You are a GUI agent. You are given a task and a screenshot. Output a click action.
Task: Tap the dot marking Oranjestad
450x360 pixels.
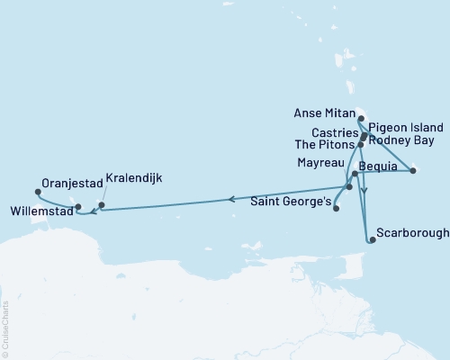point(38,191)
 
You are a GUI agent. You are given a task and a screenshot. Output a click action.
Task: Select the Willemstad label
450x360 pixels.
point(40,213)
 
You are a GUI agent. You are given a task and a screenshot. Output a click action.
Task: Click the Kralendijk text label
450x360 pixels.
point(133,178)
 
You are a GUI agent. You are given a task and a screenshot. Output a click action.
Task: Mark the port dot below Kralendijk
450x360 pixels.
point(101,205)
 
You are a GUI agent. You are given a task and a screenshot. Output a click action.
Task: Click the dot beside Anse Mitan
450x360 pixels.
point(360,118)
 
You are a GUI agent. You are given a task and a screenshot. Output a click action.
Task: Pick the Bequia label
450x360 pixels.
point(377,166)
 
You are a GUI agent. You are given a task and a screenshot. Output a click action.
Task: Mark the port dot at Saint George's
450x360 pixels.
point(336,209)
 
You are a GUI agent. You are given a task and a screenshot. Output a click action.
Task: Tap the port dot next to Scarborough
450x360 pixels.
point(371,239)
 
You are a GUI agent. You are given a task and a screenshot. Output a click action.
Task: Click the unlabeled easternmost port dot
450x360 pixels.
point(413,170)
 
